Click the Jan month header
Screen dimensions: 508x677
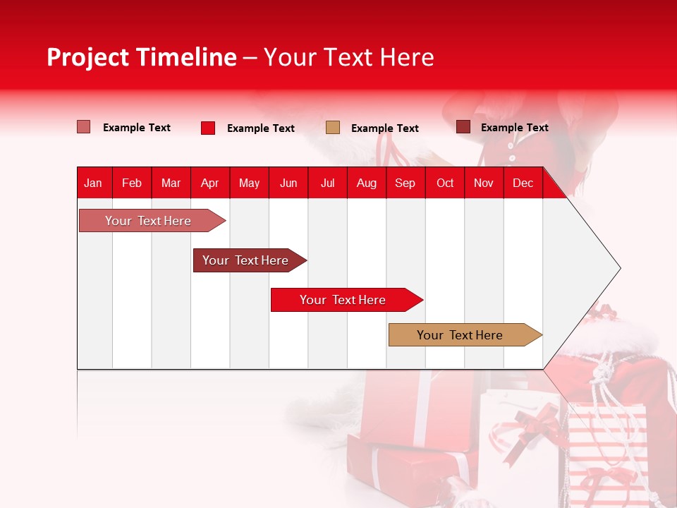93,183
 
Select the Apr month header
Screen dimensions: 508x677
209,183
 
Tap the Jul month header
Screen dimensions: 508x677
327,183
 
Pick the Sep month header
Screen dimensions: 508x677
405,183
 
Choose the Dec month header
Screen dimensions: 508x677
523,183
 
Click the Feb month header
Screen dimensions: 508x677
132,183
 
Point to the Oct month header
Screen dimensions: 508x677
445,183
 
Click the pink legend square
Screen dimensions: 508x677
83,127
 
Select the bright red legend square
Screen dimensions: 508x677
207,128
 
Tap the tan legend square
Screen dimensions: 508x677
332,127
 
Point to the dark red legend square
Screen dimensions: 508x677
463,127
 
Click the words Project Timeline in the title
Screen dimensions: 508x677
141,57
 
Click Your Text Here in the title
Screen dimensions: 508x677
348,57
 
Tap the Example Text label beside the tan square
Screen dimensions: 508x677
384,128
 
